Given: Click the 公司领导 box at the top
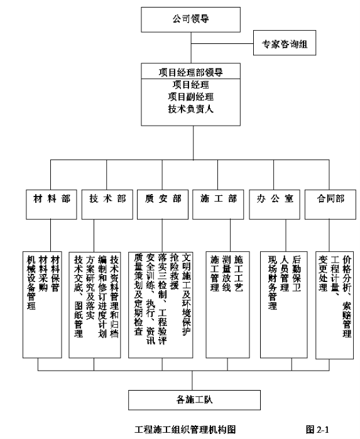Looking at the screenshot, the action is coord(190,19).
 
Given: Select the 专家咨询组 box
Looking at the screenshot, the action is coord(285,43).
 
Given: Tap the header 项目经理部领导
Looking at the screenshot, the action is coord(191,72).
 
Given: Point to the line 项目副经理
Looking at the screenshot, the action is coord(191,97).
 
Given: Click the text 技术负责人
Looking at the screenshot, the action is coord(191,109).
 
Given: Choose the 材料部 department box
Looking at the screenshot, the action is coord(52,204).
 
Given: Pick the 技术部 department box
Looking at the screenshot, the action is coord(107,204).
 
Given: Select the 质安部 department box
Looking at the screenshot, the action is coord(163,204).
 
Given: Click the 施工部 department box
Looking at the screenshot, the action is coord(218,204).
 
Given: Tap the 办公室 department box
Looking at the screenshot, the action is coord(275,204).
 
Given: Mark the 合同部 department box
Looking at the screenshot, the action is coord(330,204).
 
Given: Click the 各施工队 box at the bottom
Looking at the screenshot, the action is coord(194,400).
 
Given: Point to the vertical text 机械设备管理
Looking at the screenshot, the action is coord(31,283).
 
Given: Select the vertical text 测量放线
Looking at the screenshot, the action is coord(227,274).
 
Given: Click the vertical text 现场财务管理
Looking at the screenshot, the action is coord(273,283).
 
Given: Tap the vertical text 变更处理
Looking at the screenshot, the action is coord(323,274).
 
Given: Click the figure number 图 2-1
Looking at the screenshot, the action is coord(317,429).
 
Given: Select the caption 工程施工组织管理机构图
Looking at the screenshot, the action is coord(185,429).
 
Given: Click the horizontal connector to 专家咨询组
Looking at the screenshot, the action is coord(222,43).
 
